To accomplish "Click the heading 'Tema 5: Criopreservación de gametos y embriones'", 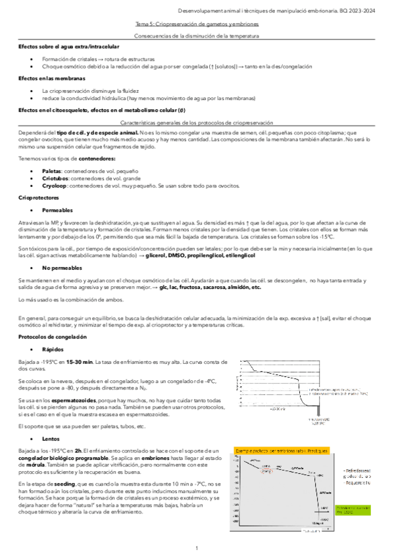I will point(197,24).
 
